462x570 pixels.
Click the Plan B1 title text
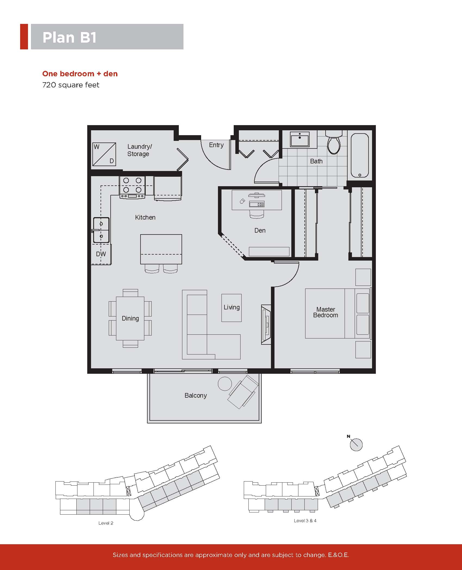pyautogui.click(x=70, y=37)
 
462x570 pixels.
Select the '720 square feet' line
pyautogui.click(x=71, y=85)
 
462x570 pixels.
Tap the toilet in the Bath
pyautogui.click(x=334, y=142)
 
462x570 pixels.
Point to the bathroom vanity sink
pyautogui.click(x=300, y=140)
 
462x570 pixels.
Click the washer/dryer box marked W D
pyautogui.click(x=104, y=154)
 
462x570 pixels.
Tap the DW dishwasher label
pyautogui.click(x=101, y=254)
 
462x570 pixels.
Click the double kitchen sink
pyautogui.click(x=101, y=230)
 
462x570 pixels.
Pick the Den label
pyautogui.click(x=260, y=230)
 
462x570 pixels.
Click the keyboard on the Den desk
pyautogui.click(x=257, y=204)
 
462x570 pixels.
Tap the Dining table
pyautogui.click(x=130, y=318)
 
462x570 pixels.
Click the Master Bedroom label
pyautogui.click(x=326, y=312)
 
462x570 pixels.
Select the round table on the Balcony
pyautogui.click(x=225, y=384)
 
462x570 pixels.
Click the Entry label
pyautogui.click(x=216, y=145)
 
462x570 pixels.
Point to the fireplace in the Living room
pyautogui.click(x=266, y=325)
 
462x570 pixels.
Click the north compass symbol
pyautogui.click(x=356, y=445)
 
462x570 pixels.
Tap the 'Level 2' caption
pyautogui.click(x=106, y=523)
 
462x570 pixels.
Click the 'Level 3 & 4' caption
pyautogui.click(x=305, y=521)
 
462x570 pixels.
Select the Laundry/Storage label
pyautogui.click(x=139, y=150)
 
